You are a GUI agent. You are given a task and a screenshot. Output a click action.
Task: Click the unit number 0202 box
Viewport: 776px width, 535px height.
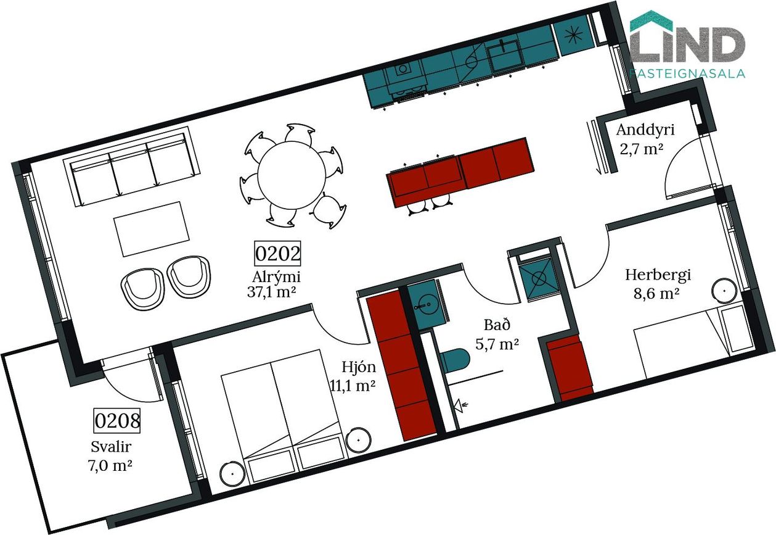pos(277,254)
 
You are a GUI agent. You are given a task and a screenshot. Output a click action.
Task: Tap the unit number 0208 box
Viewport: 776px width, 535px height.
pos(117,421)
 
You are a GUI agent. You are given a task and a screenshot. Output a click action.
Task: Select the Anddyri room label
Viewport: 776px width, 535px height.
pos(645,130)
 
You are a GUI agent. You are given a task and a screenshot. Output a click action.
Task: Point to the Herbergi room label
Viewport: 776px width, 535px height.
pos(658,275)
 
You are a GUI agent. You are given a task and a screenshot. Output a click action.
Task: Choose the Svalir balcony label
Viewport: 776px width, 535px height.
pos(111,447)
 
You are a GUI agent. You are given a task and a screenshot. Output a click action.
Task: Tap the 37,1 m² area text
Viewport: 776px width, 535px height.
pos(271,292)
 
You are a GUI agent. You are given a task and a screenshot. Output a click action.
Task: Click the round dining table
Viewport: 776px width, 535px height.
pos(292,175)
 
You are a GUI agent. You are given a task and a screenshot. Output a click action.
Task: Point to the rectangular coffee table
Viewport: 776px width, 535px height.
pos(152,229)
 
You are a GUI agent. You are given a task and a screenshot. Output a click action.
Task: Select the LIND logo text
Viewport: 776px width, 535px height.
pos(687,44)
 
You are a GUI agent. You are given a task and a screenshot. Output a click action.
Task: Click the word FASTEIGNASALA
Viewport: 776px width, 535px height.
pos(687,73)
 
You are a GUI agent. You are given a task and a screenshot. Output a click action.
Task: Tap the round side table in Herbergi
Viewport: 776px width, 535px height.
pos(724,291)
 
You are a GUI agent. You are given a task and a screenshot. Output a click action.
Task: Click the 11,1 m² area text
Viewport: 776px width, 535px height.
pos(353,386)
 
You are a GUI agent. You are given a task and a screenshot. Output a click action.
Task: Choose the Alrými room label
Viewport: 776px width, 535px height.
pos(276,276)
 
